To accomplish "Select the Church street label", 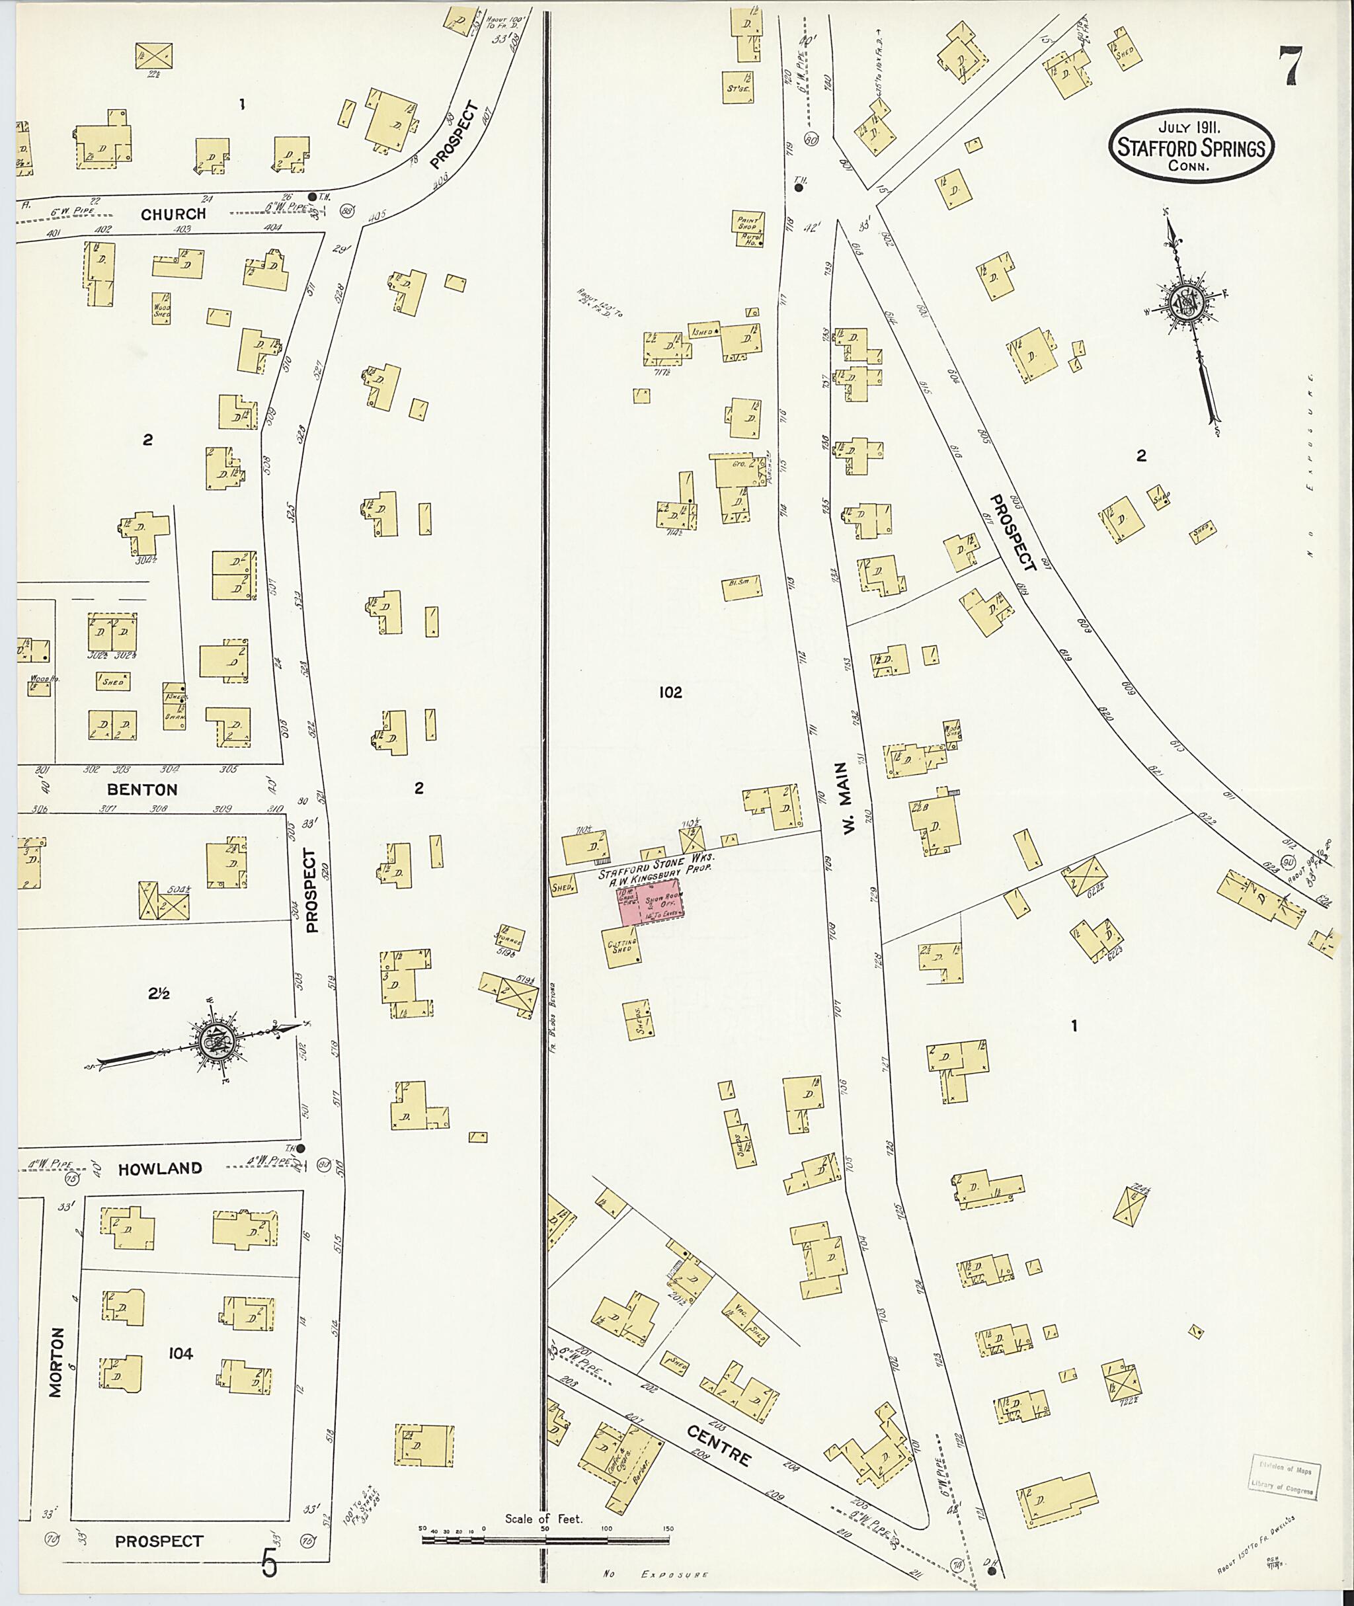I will tap(173, 214).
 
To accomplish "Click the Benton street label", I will tap(143, 789).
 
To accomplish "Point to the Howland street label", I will tap(161, 1168).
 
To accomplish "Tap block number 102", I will tap(670, 692).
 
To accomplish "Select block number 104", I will tap(181, 1374).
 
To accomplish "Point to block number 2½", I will tap(158, 993).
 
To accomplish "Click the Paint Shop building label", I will tap(748, 222).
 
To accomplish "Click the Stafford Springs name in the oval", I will tap(1191, 148).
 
